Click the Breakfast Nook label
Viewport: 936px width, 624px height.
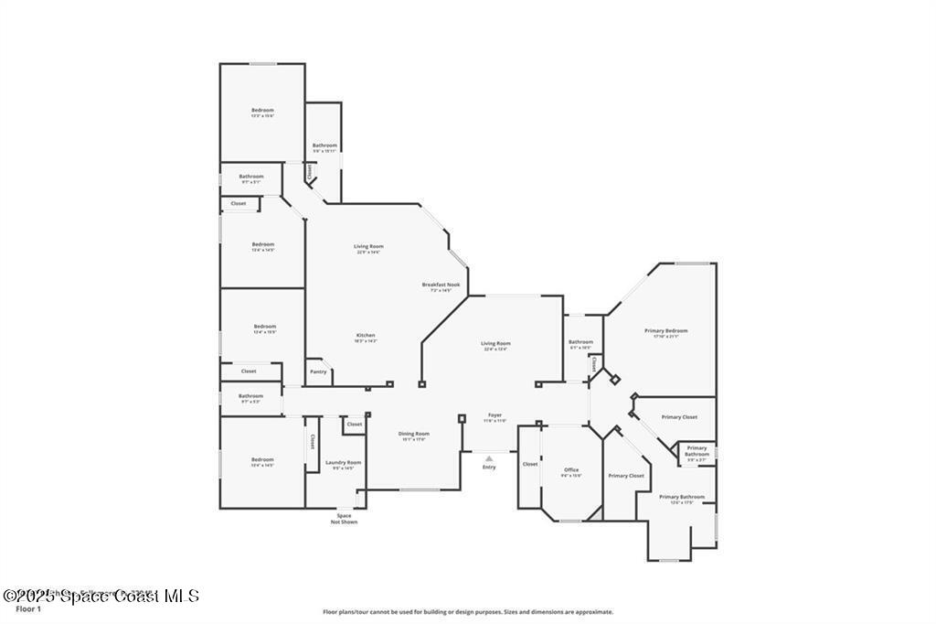tap(441, 285)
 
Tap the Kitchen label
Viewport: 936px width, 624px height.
tap(366, 336)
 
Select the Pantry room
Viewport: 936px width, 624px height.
tap(318, 371)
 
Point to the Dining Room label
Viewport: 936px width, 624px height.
tap(413, 435)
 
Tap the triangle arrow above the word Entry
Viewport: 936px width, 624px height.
tap(489, 458)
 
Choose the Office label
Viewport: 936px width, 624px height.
tap(571, 471)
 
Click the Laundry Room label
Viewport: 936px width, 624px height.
tap(344, 463)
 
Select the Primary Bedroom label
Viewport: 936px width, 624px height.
tap(665, 331)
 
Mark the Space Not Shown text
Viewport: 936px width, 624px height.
tap(344, 519)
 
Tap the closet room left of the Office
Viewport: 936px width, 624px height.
tap(530, 465)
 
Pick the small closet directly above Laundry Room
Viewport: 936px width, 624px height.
tap(355, 425)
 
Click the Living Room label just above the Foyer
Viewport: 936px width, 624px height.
tap(495, 344)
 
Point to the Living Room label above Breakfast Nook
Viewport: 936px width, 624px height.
tap(368, 247)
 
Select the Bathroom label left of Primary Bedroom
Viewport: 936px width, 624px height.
tap(580, 343)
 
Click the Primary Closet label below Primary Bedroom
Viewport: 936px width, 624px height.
tap(679, 417)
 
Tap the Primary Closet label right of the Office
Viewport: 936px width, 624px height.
tap(626, 476)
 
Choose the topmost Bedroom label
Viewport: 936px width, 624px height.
tap(262, 111)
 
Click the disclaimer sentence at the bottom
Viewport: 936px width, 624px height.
tap(468, 612)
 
